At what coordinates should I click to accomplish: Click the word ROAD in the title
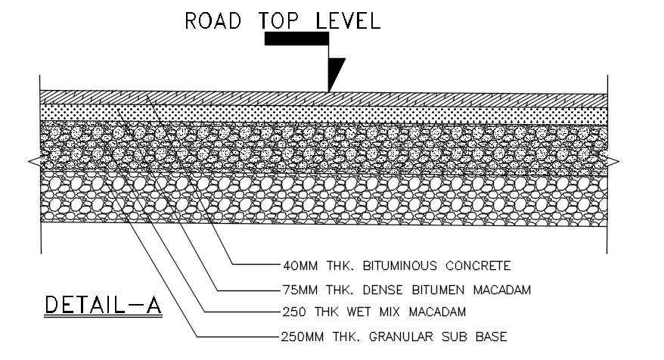pyautogui.click(x=215, y=20)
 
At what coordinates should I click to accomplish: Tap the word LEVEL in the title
pyautogui.click(x=349, y=20)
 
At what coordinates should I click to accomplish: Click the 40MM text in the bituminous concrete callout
pyautogui.click(x=296, y=265)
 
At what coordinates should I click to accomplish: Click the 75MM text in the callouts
pyautogui.click(x=296, y=289)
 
